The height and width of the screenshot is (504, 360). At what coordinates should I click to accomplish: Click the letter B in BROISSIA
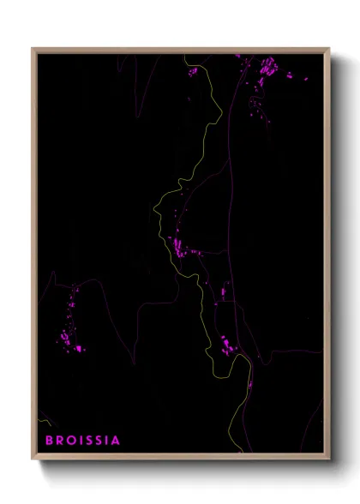click(49, 441)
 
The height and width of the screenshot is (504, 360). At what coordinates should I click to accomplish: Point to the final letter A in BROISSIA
click(116, 441)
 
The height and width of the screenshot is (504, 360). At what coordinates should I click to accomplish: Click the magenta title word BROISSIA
click(82, 441)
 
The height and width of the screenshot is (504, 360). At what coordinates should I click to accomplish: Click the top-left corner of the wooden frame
click(33, 49)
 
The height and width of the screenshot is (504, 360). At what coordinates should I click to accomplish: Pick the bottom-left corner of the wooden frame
click(33, 459)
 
